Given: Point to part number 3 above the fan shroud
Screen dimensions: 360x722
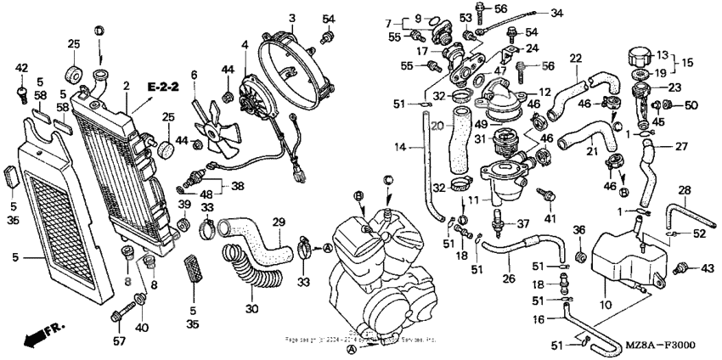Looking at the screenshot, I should pyautogui.click(x=291, y=18).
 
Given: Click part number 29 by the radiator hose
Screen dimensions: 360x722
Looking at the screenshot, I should pyautogui.click(x=278, y=222).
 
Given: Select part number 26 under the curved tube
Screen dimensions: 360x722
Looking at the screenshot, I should pyautogui.click(x=509, y=278).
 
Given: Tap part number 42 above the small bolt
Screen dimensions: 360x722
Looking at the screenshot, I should pyautogui.click(x=22, y=68).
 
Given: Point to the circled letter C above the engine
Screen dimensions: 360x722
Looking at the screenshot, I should pyautogui.click(x=386, y=180).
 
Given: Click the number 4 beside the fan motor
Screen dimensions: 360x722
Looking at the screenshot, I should pyautogui.click(x=245, y=44).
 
